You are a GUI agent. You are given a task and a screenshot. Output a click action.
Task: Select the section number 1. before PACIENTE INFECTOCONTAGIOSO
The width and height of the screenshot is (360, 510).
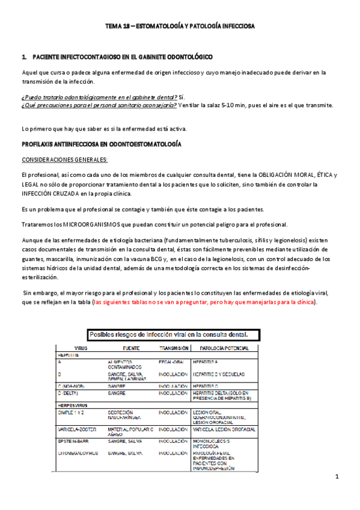coord(24,57)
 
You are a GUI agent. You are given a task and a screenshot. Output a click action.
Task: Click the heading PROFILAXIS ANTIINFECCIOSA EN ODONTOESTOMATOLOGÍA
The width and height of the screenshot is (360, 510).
coord(102,144)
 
